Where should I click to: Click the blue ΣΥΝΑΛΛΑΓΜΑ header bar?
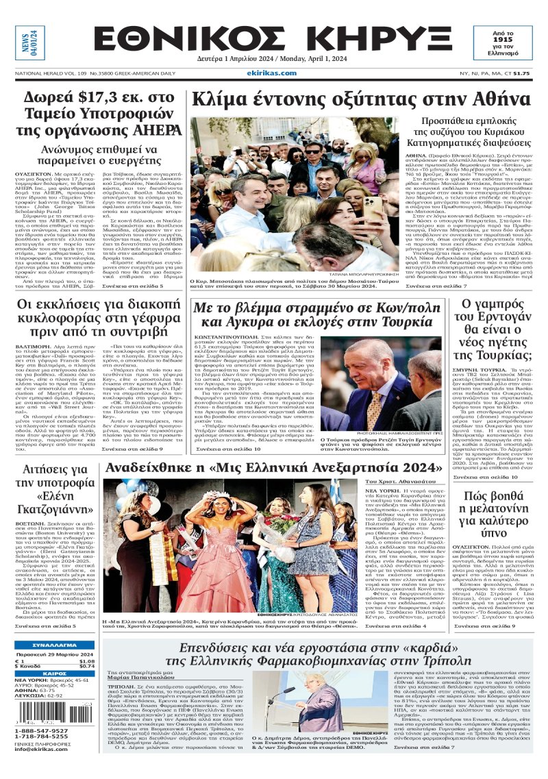55,645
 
